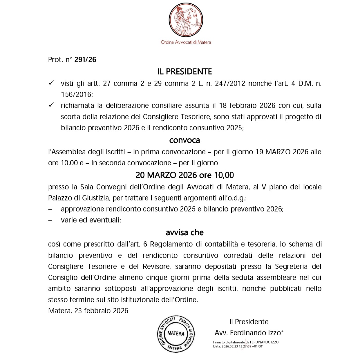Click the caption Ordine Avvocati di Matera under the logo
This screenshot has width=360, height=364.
coord(186,42)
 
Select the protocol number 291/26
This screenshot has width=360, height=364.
coord(85,60)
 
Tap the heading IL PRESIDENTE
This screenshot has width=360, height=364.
coord(184,72)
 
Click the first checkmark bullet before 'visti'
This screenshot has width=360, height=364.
coord(51,84)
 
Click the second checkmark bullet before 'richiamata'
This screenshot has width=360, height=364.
coord(51,106)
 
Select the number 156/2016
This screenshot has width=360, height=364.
coord(76,95)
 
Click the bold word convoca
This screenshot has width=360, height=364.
coord(184,140)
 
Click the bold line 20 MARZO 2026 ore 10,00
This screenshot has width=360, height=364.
coord(184,175)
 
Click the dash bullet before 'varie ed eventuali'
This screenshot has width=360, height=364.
coord(50,220)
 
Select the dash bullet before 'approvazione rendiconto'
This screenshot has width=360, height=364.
coord(50,209)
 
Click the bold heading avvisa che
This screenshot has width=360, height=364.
coord(184,233)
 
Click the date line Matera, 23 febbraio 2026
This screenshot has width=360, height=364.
coord(88,311)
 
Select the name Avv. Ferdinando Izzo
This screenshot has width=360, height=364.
coord(248,333)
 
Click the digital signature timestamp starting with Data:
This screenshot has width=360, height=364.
coord(238,346)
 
